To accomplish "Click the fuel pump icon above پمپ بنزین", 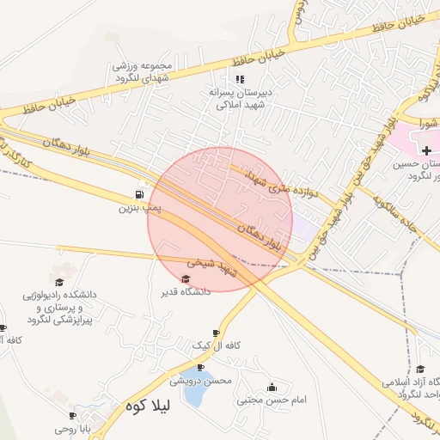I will coord(140,194).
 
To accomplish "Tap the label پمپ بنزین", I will coord(141,207).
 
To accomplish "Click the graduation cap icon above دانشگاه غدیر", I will coord(186,278).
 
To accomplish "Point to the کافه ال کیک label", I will coord(215,345).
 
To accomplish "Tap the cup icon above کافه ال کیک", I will coord(216,333).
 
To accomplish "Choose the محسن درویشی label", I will coord(200,379).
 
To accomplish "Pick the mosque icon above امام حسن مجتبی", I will coord(273,387).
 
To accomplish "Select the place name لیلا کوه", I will coord(149,405).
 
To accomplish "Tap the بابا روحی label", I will coord(78,428).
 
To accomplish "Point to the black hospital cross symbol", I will coord(427,150).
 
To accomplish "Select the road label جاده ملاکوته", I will coord(397,205).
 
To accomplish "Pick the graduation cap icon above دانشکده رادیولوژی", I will coord(59,281).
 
